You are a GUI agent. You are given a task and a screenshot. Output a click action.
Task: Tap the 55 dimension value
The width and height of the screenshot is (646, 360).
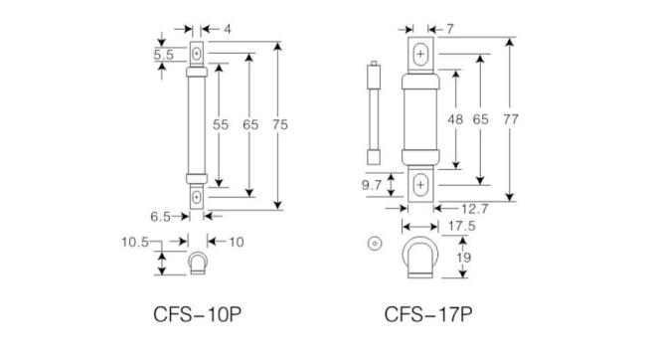pyautogui.click(x=221, y=124)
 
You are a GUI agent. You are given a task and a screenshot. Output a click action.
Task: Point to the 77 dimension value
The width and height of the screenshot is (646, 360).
pyautogui.click(x=512, y=119)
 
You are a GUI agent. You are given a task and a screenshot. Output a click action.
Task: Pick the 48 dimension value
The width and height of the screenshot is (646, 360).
pyautogui.click(x=456, y=119)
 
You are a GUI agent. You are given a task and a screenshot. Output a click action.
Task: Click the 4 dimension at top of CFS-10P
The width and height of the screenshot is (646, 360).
pyautogui.click(x=227, y=30)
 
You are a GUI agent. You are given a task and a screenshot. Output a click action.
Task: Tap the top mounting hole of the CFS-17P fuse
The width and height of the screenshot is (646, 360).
pyautogui.click(x=421, y=53)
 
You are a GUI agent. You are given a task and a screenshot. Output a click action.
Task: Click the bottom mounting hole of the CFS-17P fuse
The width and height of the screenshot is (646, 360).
pyautogui.click(x=421, y=184)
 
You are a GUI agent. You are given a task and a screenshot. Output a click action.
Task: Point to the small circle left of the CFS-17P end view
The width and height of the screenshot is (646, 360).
pyautogui.click(x=375, y=244)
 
